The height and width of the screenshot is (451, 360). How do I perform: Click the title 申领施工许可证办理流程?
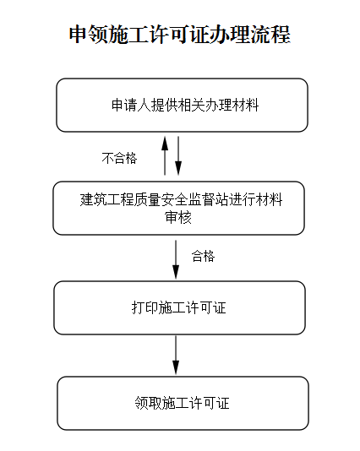point(180,35)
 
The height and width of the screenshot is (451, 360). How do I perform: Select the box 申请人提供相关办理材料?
point(183,105)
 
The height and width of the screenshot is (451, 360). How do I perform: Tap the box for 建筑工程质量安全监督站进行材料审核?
point(178,208)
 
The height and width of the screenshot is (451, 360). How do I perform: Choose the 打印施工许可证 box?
point(179,307)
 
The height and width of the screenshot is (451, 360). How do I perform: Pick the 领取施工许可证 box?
point(183,403)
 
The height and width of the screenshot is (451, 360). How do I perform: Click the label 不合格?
point(119,158)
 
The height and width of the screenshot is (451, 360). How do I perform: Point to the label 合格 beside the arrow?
point(203,256)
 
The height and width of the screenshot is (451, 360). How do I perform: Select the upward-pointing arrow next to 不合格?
point(165,155)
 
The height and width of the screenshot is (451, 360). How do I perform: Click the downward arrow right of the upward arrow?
point(178,155)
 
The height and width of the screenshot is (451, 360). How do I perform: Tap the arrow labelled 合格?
point(176,259)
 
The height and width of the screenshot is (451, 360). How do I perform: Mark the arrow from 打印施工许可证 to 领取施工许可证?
point(176,356)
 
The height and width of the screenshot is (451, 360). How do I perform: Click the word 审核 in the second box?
point(178,217)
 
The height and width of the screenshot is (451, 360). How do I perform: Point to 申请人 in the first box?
point(131,105)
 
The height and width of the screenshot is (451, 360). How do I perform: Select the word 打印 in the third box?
point(145,307)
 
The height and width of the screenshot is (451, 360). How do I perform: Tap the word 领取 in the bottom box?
point(148,403)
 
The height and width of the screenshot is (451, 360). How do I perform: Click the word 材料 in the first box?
point(246,105)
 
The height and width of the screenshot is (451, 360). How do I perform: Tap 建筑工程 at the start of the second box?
point(106,199)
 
